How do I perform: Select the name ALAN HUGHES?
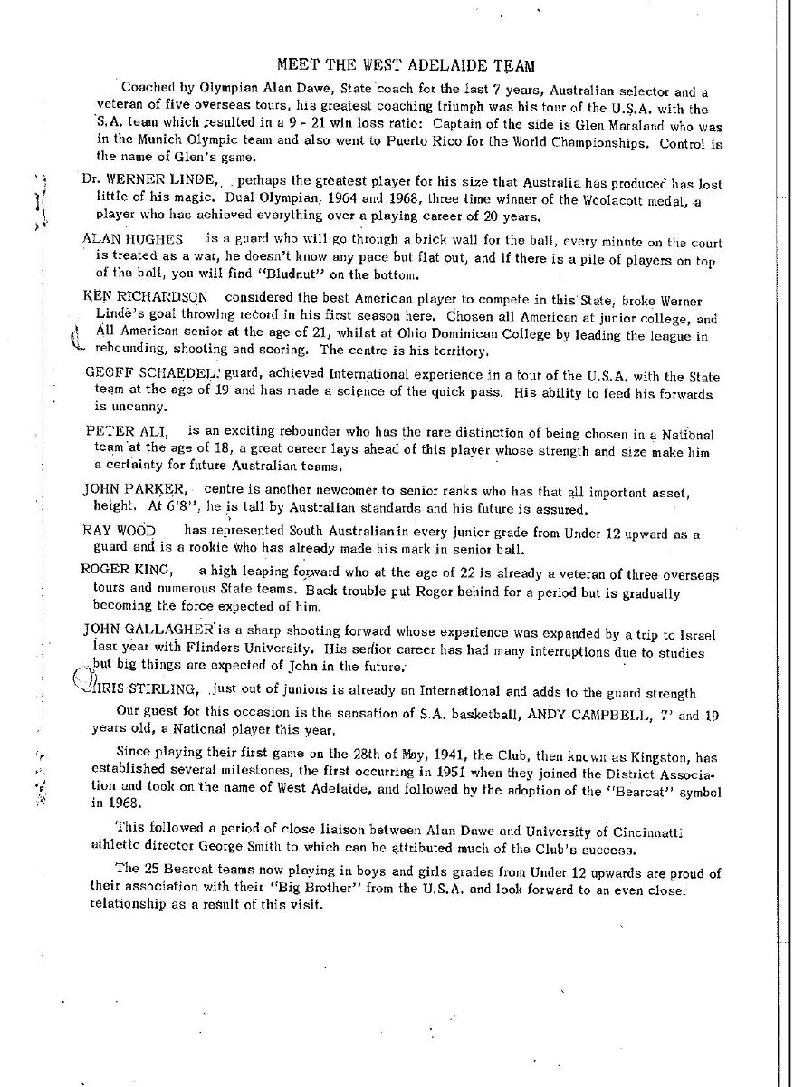(x=131, y=238)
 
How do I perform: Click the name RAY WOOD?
(x=119, y=530)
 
